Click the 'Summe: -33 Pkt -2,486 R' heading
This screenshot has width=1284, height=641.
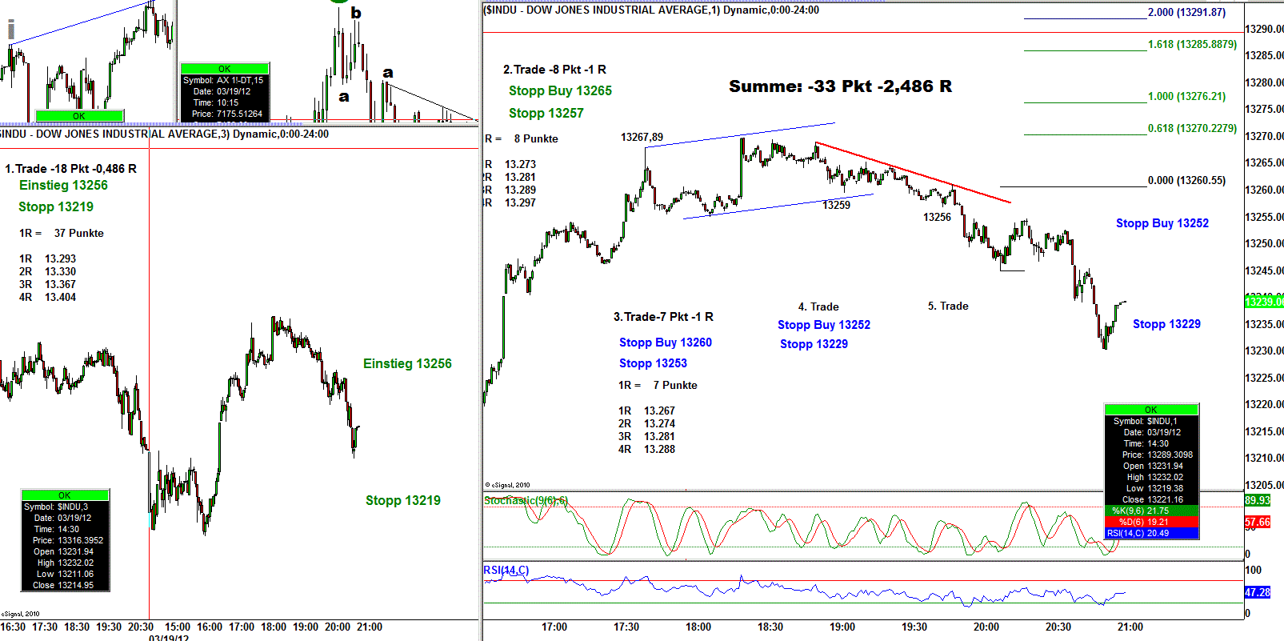840,86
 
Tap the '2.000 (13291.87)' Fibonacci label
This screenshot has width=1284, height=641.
1186,12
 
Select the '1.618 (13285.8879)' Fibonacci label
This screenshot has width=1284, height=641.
1192,44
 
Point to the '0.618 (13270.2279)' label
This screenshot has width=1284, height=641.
1192,128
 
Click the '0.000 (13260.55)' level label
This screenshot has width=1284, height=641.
1186,180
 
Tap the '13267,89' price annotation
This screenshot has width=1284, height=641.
642,137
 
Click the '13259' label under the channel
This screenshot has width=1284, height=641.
836,205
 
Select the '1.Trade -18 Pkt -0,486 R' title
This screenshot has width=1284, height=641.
70,168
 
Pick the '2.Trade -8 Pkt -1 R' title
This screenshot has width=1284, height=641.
554,70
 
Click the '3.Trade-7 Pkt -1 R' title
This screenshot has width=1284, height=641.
663,317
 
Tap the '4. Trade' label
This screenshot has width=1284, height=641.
818,306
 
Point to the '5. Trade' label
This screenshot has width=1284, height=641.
948,306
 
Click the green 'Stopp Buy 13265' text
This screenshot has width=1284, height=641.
560,91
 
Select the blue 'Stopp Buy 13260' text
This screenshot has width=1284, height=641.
665,343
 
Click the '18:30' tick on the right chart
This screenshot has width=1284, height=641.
770,627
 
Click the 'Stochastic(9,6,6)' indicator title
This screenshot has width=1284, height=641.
526,500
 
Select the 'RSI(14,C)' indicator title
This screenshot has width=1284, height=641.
506,570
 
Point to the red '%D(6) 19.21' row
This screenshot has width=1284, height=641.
1150,522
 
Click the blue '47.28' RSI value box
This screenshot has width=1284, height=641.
1257,592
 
